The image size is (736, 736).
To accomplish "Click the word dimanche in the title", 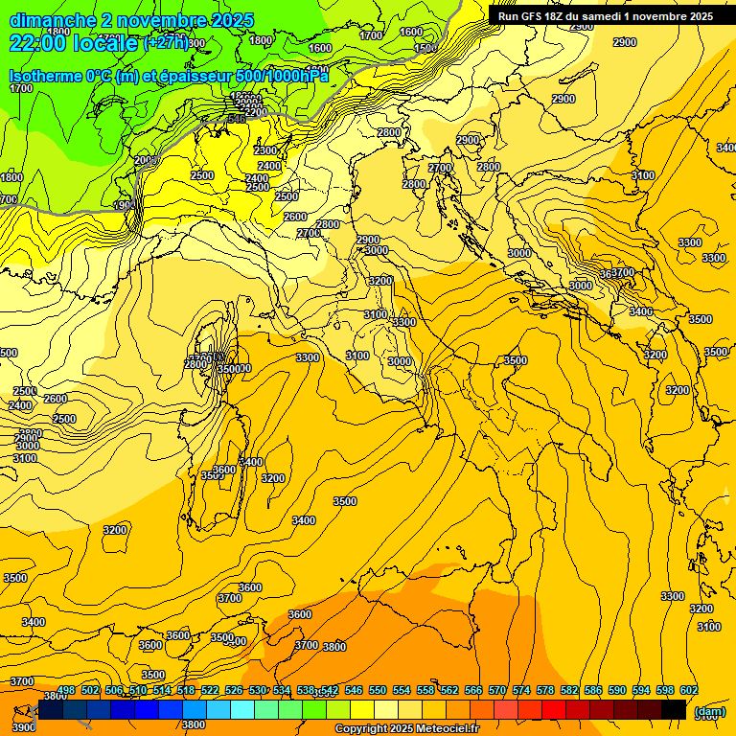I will click(51, 20).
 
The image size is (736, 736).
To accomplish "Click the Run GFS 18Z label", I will click(537, 16).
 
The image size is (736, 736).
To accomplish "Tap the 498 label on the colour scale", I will click(66, 690).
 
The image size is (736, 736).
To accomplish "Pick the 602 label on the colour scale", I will click(688, 690).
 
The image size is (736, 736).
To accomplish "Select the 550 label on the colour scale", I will click(378, 690).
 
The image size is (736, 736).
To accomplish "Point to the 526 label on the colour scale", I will click(234, 690).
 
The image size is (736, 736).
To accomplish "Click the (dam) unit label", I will click(709, 711).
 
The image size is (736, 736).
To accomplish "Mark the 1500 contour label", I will click(425, 48).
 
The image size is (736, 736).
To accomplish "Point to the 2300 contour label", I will click(265, 150).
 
